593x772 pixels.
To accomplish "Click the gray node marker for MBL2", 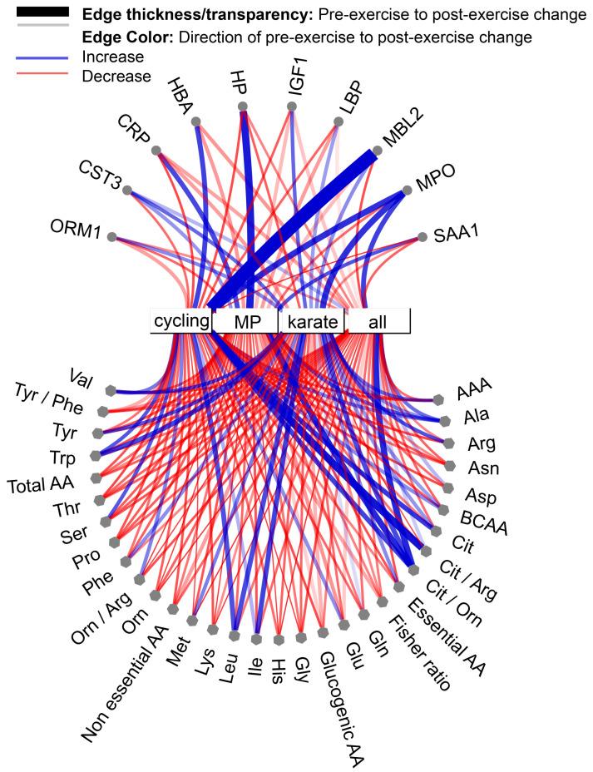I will click(377, 151).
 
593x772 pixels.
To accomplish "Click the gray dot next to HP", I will click(243, 106).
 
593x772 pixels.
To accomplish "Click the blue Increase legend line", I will click(37, 57).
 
